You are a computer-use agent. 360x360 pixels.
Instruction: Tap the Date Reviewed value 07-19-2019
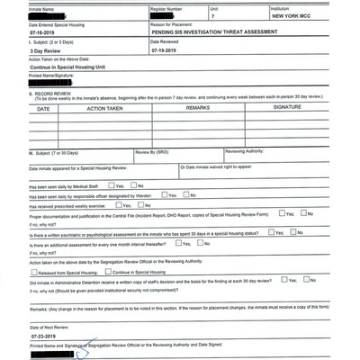tap(168, 51)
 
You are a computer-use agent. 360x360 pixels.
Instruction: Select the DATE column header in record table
tap(43, 108)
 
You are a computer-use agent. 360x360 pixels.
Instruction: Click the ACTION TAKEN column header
tap(110, 108)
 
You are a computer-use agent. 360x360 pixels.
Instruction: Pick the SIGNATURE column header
tap(287, 107)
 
